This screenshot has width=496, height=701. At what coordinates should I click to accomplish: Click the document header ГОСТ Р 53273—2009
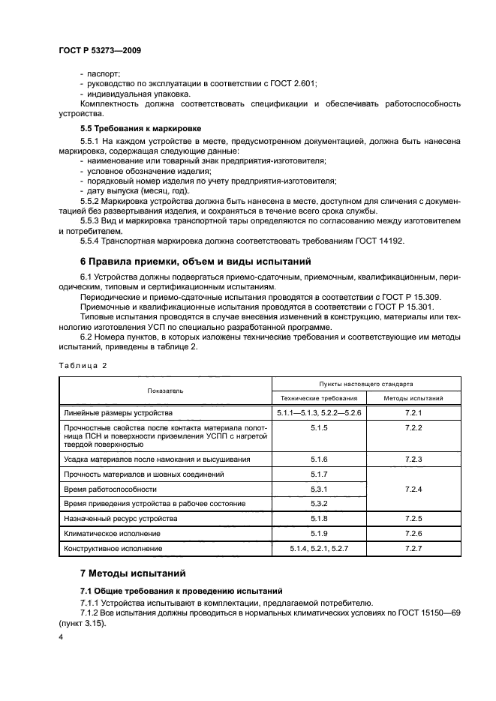pyautogui.click(x=99, y=50)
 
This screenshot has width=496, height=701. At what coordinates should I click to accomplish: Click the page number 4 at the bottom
pyautogui.click(x=61, y=637)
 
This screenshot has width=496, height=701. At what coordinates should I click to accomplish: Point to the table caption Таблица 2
pyautogui.click(x=82, y=364)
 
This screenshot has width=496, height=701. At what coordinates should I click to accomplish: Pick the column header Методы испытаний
pyautogui.click(x=413, y=398)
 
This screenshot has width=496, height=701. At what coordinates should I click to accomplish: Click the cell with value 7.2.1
pyautogui.click(x=413, y=413)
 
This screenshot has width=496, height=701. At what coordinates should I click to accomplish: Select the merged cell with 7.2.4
pyautogui.click(x=413, y=489)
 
